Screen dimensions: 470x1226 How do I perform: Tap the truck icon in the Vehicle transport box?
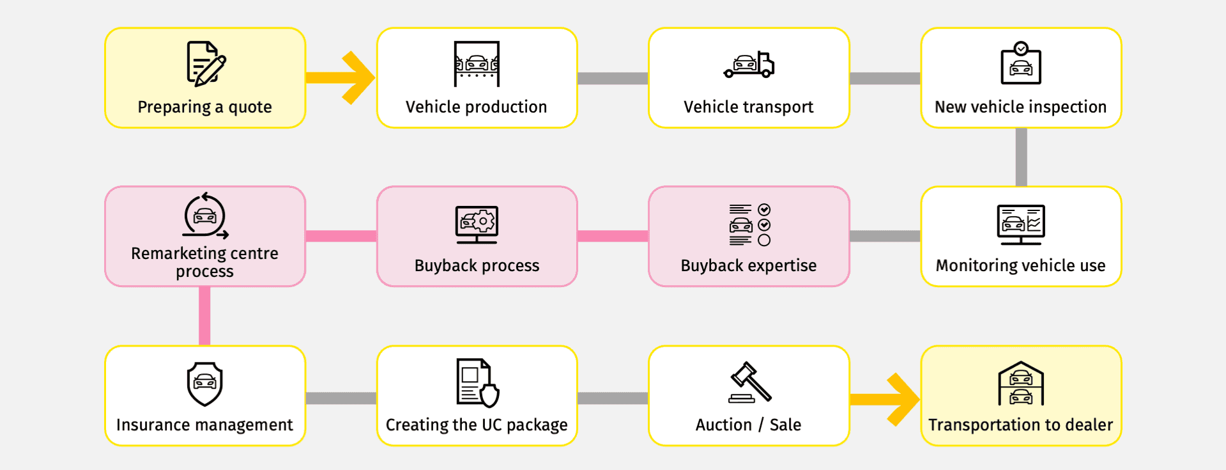[x=749, y=65]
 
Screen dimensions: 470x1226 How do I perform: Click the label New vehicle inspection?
[x=1020, y=107]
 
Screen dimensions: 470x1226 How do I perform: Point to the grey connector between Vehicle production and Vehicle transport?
[x=612, y=78]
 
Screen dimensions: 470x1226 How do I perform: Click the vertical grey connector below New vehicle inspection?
[x=1021, y=157]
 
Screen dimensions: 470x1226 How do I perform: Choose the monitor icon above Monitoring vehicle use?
[x=1021, y=224]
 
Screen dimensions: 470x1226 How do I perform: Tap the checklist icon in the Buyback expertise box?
[x=749, y=224]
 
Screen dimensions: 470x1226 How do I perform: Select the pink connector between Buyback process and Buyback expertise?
[x=612, y=237]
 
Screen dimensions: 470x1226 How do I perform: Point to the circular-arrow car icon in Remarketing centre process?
[x=205, y=216]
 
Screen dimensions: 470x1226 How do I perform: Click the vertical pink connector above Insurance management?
[x=204, y=316]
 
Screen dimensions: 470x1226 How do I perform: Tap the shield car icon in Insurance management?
[x=204, y=384]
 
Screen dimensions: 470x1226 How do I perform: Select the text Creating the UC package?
[x=477, y=425]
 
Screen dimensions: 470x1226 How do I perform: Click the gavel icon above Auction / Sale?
[x=749, y=382]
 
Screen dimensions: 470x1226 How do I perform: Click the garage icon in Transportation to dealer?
[x=1021, y=384]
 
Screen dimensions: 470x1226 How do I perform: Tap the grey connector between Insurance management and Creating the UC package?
[x=341, y=398]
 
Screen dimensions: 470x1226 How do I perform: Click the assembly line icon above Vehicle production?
[x=477, y=64]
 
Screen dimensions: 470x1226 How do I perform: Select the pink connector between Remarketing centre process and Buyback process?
[x=341, y=237]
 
